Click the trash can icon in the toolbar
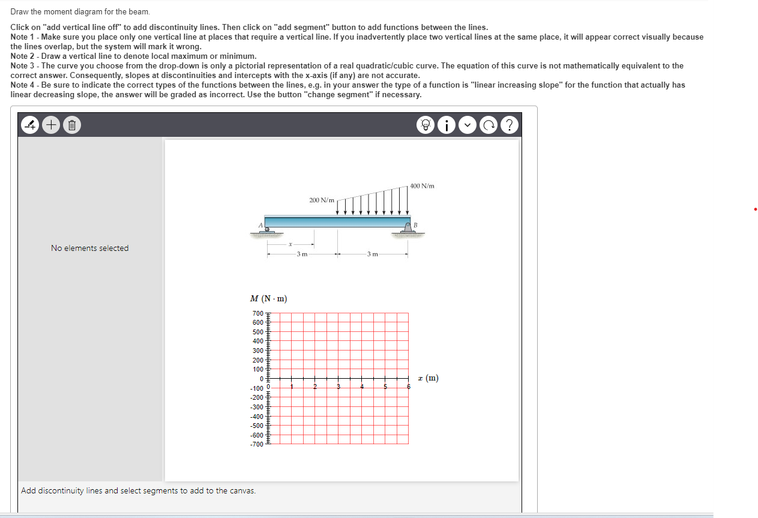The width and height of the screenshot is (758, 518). (x=70, y=126)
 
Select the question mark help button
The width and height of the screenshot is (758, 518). (x=510, y=125)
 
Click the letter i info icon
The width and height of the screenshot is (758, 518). (x=446, y=125)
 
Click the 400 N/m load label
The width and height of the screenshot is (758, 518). (x=423, y=186)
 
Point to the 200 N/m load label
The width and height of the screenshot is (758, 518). (x=322, y=199)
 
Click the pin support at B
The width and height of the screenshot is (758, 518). (x=408, y=227)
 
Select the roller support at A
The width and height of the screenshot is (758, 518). (x=268, y=229)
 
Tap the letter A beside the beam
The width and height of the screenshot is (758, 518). (x=260, y=224)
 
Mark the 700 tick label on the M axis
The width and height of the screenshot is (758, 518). (x=258, y=314)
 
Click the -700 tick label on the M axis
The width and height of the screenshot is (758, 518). (x=256, y=444)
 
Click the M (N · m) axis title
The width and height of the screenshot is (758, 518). (x=268, y=298)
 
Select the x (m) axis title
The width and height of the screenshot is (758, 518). (x=428, y=378)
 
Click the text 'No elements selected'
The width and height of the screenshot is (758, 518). (x=89, y=248)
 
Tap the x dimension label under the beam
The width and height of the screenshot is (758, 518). (x=290, y=244)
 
